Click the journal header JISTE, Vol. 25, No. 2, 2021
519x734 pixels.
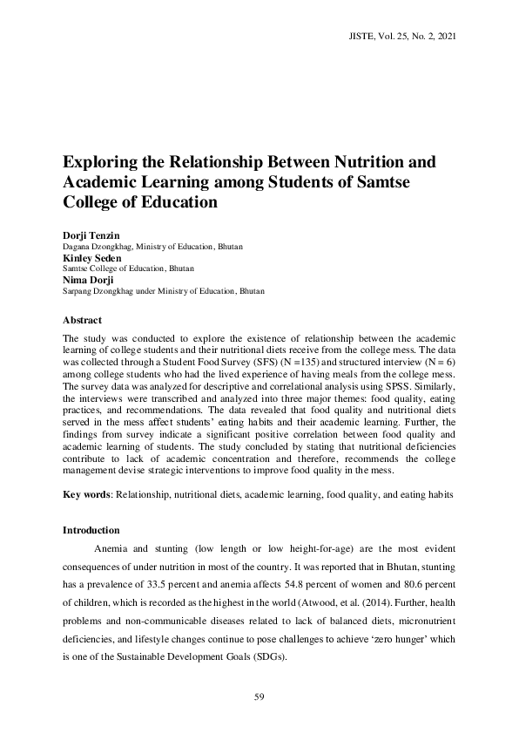point(401,37)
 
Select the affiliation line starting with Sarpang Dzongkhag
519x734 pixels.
point(164,290)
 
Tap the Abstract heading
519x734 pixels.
point(83,320)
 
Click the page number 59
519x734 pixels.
point(259,696)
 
